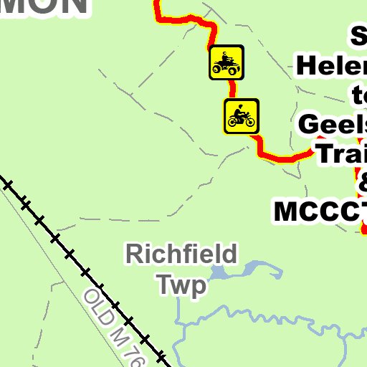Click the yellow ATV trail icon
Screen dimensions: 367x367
pyautogui.click(x=227, y=63)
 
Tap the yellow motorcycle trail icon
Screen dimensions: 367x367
pyautogui.click(x=242, y=116)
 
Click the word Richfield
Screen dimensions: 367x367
pyautogui.click(x=181, y=254)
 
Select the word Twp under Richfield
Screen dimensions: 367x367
pyautogui.click(x=182, y=285)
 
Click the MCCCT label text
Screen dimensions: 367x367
pyautogui.click(x=320, y=211)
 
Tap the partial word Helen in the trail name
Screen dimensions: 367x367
pyautogui.click(x=330, y=67)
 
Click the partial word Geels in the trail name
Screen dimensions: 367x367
pyautogui.click(x=332, y=123)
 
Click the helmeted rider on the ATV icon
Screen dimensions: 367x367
pyautogui.click(x=226, y=57)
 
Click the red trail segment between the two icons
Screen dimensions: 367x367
pyautogui.click(x=232, y=89)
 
